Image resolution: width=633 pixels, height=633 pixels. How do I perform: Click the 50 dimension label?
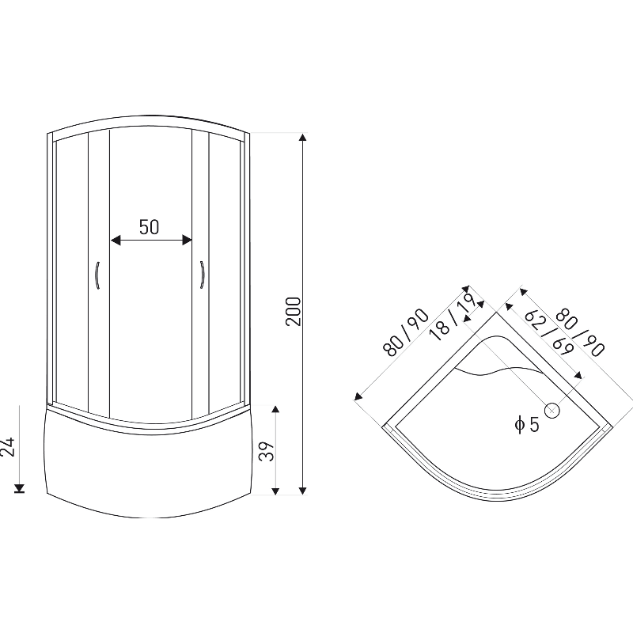coord(149,227)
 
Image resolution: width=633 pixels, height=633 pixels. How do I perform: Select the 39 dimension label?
coord(267,451)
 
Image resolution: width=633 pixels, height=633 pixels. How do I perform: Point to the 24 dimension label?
coord(8,446)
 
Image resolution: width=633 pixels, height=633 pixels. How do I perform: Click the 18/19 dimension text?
coord(452,316)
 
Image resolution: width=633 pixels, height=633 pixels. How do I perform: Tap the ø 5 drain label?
coord(527,425)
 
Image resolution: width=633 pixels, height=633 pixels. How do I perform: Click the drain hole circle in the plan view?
coord(552,411)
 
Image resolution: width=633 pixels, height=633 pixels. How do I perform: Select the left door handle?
coord(97,275)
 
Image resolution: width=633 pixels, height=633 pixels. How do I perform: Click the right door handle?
coord(202,275)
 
